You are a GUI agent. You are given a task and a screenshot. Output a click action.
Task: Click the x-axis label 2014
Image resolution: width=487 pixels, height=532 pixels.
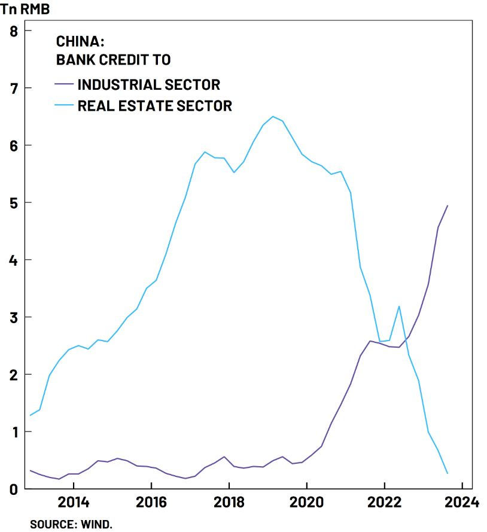pos(74,502)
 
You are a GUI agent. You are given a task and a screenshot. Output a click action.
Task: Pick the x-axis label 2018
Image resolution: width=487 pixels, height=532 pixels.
pos(229,502)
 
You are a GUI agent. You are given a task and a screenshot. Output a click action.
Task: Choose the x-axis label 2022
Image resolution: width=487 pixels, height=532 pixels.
pos(384,502)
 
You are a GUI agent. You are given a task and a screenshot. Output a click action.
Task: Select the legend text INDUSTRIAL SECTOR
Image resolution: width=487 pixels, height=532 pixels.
pos(148,84)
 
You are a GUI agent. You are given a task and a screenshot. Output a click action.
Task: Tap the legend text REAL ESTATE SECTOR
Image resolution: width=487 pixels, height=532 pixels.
pos(154,106)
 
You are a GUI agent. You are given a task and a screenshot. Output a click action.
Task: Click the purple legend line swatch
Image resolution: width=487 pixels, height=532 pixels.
pos(64,84)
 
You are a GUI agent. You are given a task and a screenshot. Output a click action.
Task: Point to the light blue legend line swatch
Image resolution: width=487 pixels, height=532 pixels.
pos(64,106)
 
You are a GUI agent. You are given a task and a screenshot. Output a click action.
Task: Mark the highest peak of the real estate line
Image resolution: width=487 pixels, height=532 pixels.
pos(273,116)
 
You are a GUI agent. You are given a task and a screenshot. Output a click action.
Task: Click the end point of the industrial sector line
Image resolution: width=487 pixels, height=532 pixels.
pos(448,205)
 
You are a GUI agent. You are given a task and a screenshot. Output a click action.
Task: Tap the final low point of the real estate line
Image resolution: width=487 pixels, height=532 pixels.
pos(448,473)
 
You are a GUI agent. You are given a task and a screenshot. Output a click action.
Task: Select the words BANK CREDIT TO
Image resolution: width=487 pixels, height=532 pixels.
pos(113,59)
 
